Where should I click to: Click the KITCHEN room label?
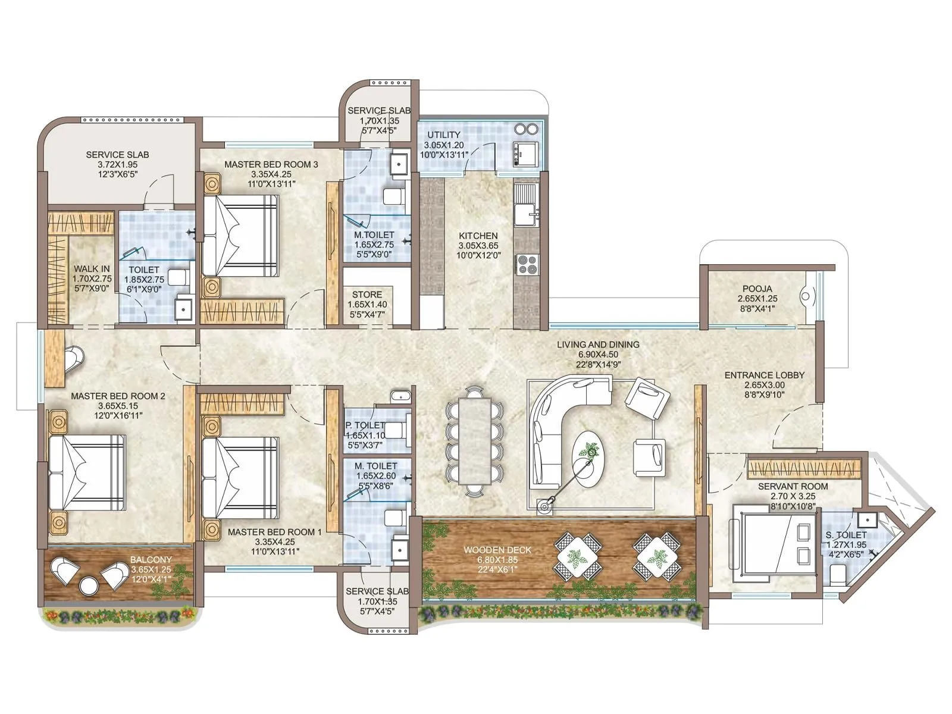pos(478,236)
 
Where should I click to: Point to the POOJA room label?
pos(757,289)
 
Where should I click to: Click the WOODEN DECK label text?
pos(497,550)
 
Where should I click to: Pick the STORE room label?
pos(367,295)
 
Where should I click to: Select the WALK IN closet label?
pos(91,269)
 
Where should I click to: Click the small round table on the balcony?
pos(89,585)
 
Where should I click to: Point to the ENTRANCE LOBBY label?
pos(764,375)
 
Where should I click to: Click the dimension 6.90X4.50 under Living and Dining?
pos(598,355)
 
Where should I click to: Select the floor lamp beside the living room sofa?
pos(543,506)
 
